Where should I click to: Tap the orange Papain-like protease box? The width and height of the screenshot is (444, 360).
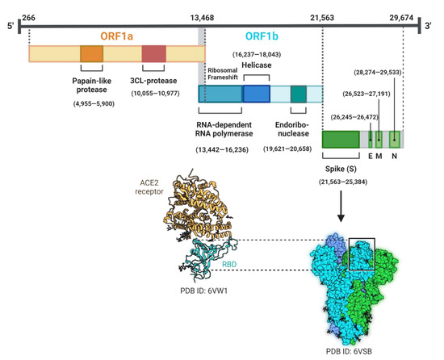(91, 54)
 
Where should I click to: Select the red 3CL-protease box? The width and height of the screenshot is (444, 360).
(153, 54)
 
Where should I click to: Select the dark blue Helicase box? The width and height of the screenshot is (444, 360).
(256, 94)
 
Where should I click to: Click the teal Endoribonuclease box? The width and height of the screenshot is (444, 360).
(299, 94)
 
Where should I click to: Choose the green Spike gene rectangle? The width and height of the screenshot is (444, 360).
(341, 137)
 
